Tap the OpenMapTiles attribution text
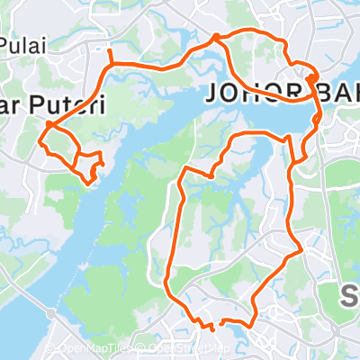(x=90, y=348)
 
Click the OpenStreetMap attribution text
(x=184, y=348)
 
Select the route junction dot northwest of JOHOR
(x=216, y=37)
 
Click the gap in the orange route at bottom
(x=217, y=323)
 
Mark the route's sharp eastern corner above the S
(x=301, y=251)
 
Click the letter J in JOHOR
(x=214, y=93)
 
